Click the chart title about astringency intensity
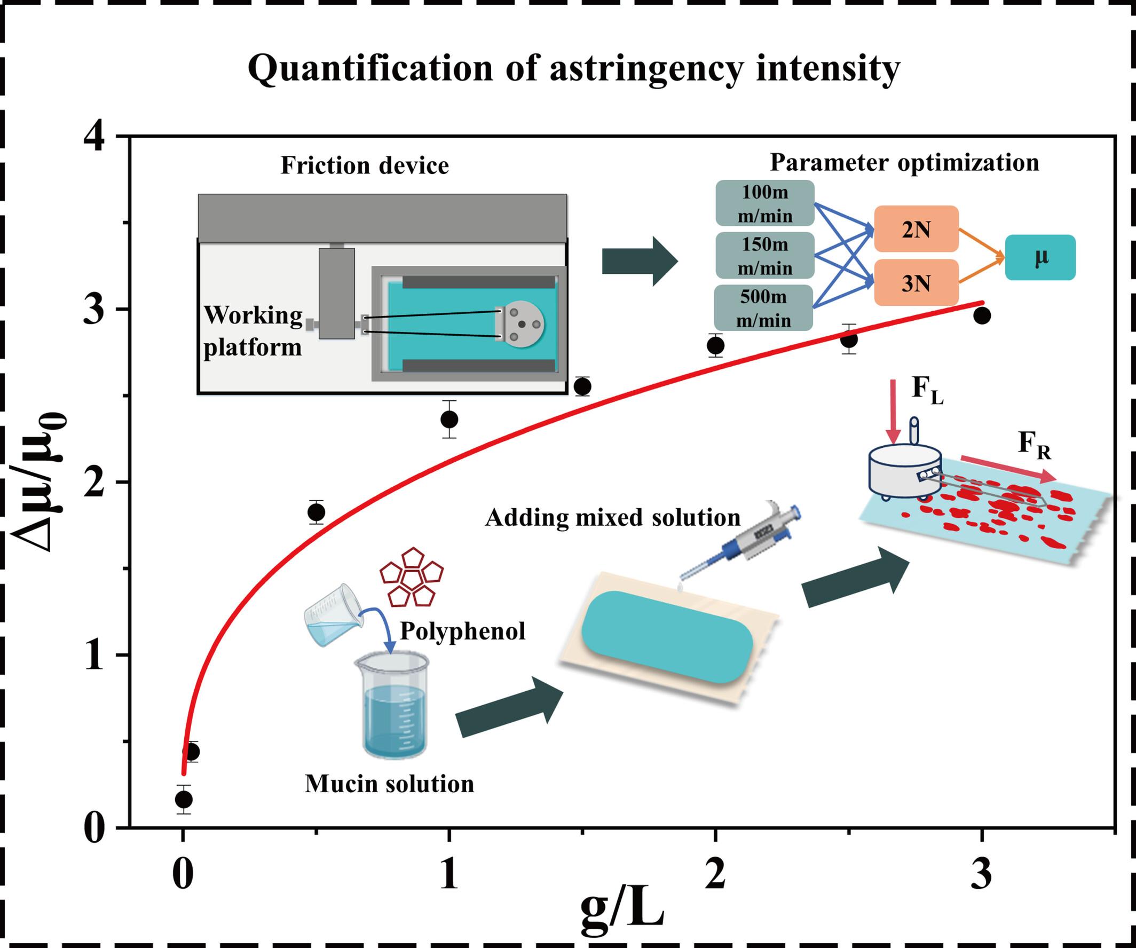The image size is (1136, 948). (574, 69)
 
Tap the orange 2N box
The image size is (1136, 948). (916, 230)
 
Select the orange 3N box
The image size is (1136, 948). (916, 283)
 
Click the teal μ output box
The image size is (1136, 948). (1040, 257)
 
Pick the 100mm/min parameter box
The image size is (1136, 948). (764, 204)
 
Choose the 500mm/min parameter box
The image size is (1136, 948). (763, 308)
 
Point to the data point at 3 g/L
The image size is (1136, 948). (982, 316)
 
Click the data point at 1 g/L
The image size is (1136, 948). (449, 419)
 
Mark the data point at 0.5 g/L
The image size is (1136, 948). (317, 511)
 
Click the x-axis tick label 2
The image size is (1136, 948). (715, 875)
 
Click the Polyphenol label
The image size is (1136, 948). (462, 631)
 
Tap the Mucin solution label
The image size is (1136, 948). (389, 784)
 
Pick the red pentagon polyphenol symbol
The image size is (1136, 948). (411, 584)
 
